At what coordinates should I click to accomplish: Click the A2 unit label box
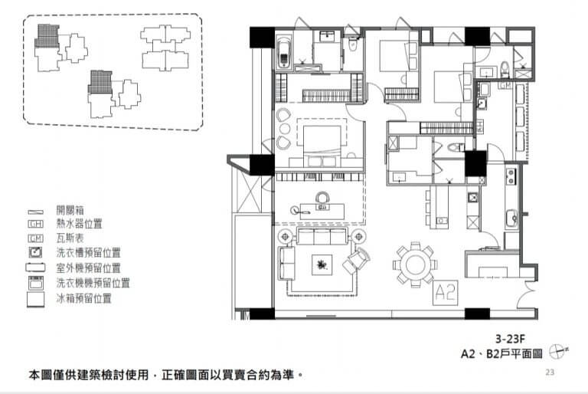click(446, 292)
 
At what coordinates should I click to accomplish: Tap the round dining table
click(415, 264)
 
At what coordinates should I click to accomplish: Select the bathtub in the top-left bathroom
click(284, 52)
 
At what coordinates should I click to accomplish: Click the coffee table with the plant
click(322, 264)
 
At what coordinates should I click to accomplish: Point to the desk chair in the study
click(322, 198)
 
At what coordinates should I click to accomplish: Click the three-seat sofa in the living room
click(322, 237)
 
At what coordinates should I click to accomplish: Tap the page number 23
click(550, 373)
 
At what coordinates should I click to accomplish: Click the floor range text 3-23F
click(510, 339)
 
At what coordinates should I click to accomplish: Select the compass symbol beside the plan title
click(558, 352)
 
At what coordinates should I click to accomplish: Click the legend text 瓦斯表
click(70, 238)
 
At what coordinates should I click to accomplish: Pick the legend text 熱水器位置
click(79, 224)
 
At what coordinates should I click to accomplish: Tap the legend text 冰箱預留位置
click(84, 299)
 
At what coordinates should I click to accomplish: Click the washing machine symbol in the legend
click(36, 283)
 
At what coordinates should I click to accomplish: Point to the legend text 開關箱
click(70, 209)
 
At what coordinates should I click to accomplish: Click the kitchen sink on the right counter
click(511, 218)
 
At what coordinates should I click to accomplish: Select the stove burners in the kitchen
click(511, 176)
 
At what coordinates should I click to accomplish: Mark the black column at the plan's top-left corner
click(262, 38)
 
